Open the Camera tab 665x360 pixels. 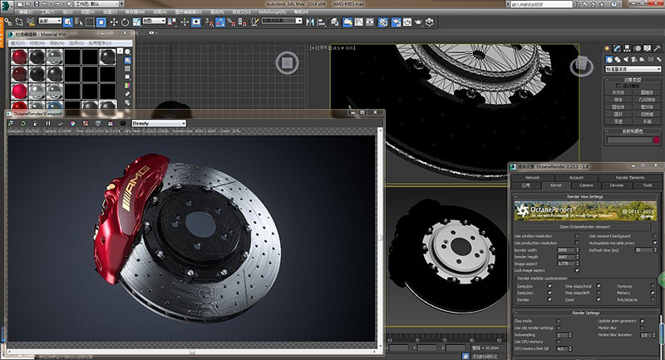[584, 185]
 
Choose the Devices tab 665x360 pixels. [616, 185]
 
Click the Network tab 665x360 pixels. [532, 177]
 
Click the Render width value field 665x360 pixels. [565, 249]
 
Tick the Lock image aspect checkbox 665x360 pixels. [577, 270]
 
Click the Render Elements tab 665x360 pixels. [629, 177]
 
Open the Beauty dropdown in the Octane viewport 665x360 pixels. [158, 122]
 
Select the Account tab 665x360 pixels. [576, 177]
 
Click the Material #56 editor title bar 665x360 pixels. [66, 33]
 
